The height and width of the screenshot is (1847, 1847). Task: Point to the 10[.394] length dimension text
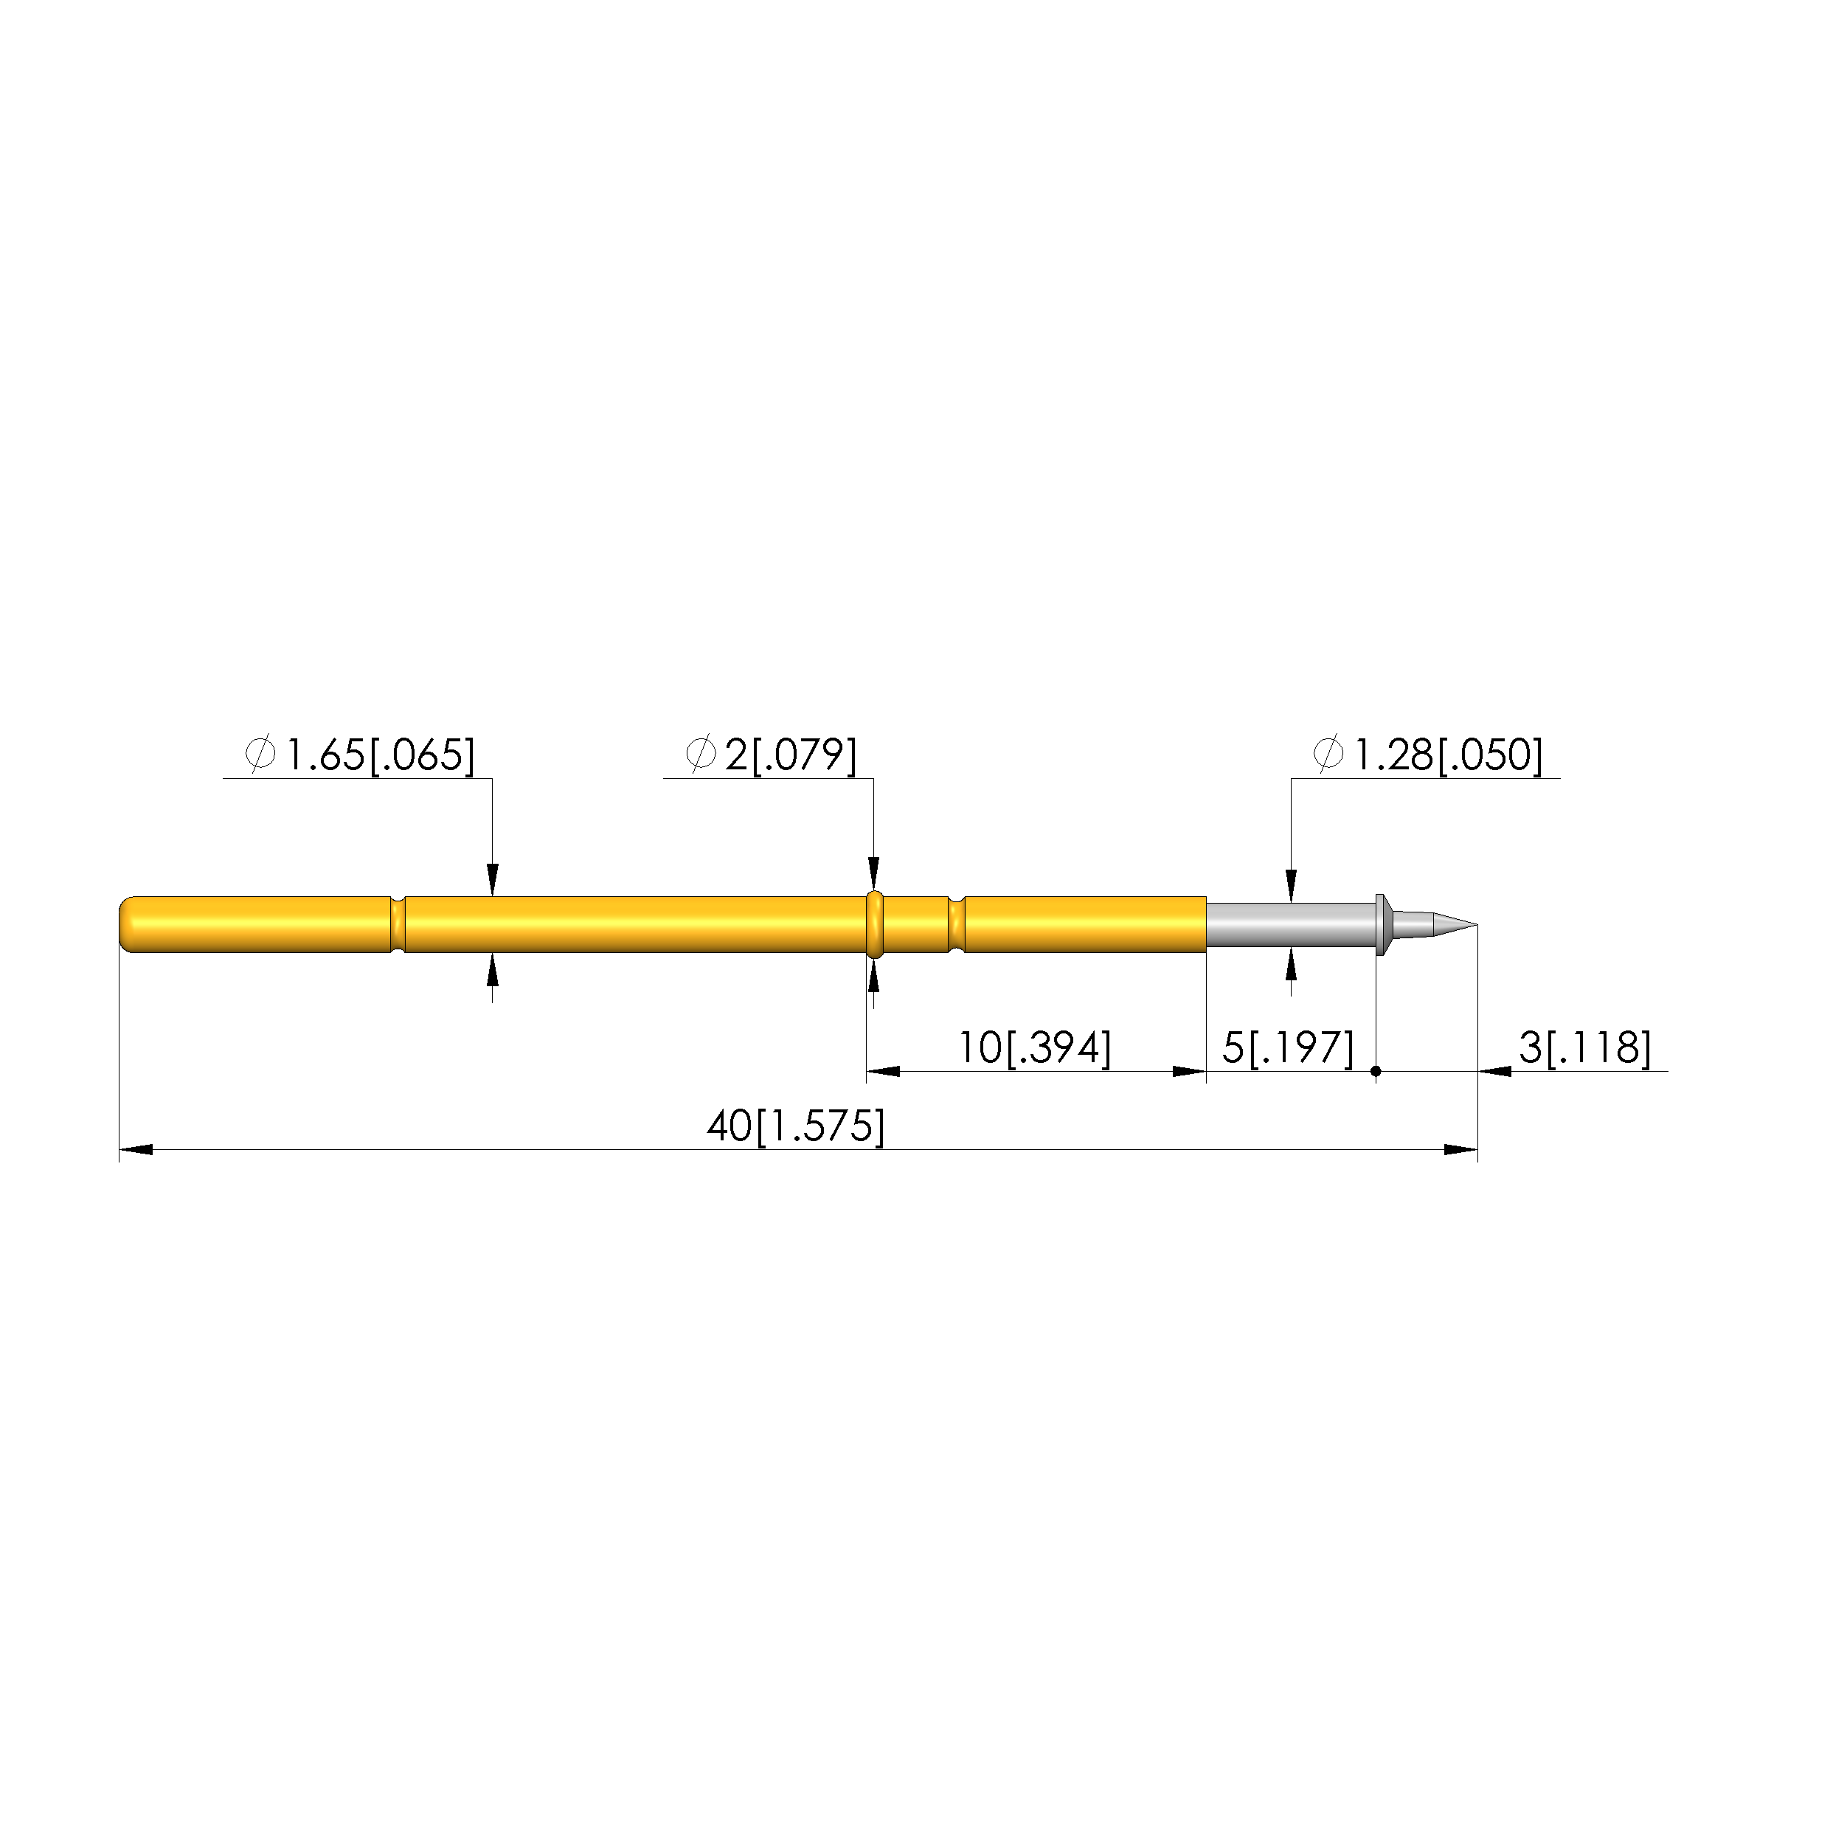click(x=1036, y=1047)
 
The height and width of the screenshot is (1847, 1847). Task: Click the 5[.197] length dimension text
click(x=1289, y=1047)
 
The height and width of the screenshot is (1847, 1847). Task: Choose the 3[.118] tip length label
click(x=1585, y=1047)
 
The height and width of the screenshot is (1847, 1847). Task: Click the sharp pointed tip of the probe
click(x=1476, y=924)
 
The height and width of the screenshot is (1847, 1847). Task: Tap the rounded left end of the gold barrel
click(x=126, y=924)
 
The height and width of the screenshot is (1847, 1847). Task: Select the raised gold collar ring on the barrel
click(x=874, y=924)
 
